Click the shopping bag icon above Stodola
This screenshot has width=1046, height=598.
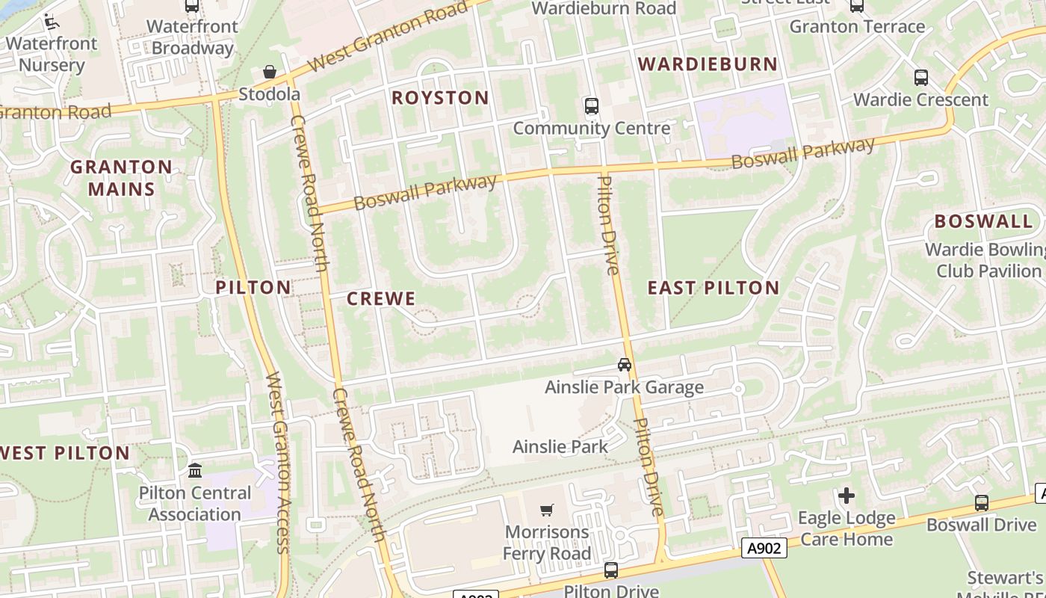[x=270, y=73]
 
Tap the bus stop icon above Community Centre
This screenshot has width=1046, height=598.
[x=592, y=106]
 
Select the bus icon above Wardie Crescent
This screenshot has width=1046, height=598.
[x=921, y=78]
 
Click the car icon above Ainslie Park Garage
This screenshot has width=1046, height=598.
[x=625, y=365]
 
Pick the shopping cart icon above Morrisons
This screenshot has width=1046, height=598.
[x=547, y=510]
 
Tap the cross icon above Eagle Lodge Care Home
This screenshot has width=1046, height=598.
[x=846, y=496]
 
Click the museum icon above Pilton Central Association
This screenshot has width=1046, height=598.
[x=195, y=470]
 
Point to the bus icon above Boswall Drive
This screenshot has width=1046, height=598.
[x=982, y=503]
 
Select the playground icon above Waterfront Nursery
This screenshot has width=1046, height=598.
[x=51, y=22]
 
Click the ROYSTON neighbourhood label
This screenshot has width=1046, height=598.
[x=440, y=98]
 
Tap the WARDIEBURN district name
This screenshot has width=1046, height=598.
[x=708, y=64]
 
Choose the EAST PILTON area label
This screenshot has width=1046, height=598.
[x=713, y=288]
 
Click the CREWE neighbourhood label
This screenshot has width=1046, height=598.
[x=381, y=299]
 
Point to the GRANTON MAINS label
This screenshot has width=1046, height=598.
[x=121, y=178]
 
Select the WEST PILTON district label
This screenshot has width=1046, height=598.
[x=66, y=453]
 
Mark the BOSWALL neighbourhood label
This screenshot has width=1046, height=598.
[x=983, y=221]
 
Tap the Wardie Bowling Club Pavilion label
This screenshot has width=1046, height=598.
[x=985, y=260]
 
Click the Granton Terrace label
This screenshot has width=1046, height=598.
[x=857, y=27]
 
